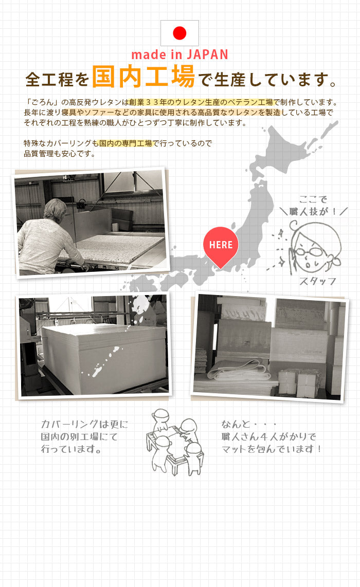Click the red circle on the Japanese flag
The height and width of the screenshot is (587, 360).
click(x=180, y=33)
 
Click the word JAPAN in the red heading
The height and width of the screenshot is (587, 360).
click(x=207, y=54)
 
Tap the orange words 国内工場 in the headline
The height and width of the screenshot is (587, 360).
click(x=143, y=77)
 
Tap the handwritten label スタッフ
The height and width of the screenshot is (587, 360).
click(x=317, y=281)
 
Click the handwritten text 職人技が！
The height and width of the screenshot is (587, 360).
click(x=313, y=211)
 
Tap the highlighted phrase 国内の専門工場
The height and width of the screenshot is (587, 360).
click(x=125, y=143)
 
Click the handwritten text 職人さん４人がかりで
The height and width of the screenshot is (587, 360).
click(x=268, y=436)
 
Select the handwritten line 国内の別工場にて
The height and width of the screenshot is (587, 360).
click(x=79, y=436)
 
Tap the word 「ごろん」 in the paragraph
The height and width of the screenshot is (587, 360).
click(x=41, y=102)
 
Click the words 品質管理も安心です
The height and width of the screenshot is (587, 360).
click(x=57, y=154)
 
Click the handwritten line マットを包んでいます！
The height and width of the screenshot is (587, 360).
click(x=271, y=449)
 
